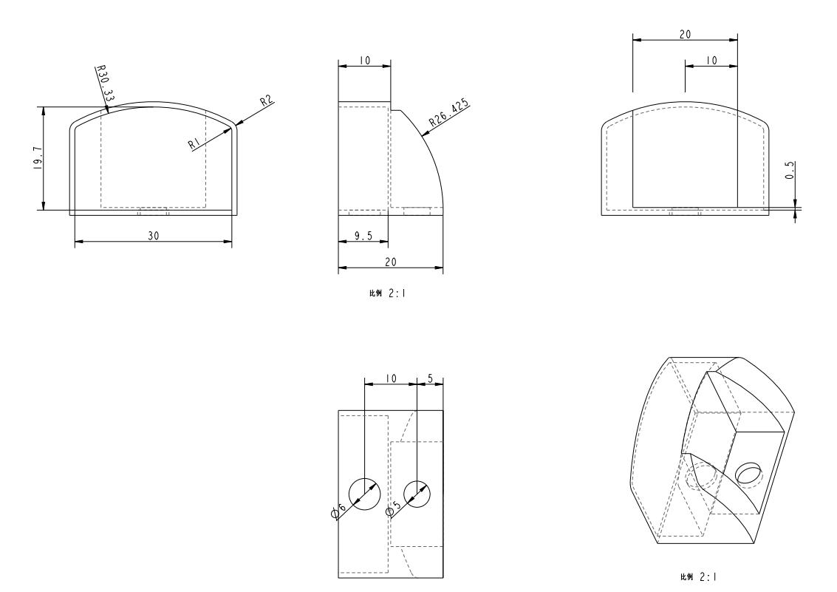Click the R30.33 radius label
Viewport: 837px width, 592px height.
(105, 84)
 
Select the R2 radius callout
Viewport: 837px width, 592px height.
(267, 101)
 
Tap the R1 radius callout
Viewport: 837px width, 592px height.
(194, 143)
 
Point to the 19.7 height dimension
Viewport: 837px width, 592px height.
(38, 158)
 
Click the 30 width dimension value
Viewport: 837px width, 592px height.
(153, 236)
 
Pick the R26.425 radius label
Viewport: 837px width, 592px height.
(449, 112)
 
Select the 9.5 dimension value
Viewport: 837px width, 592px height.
(363, 236)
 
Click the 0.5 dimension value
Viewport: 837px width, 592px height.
(790, 170)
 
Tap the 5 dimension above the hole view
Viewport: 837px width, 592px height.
(430, 378)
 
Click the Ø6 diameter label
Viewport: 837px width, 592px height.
(339, 510)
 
